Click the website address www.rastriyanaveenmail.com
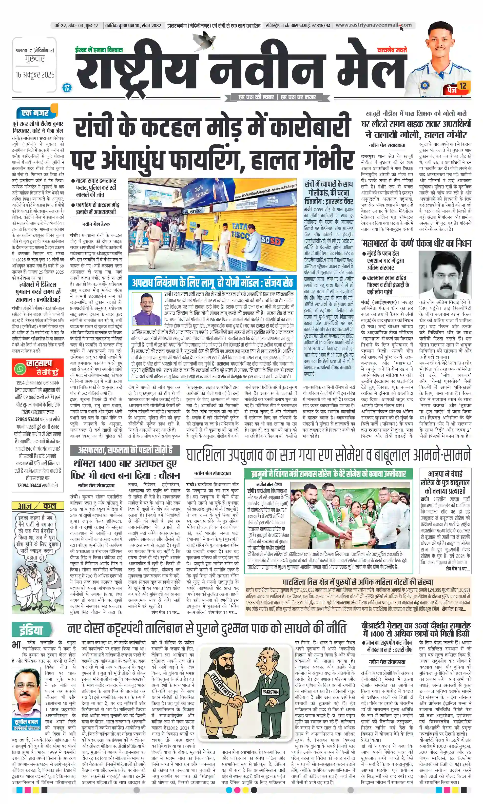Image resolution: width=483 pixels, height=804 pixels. [373, 25]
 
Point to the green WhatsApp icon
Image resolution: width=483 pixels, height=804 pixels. [20, 369]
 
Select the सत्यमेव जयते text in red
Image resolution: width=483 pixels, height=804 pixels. [392, 50]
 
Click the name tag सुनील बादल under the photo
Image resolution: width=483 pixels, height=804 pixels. [26, 722]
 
